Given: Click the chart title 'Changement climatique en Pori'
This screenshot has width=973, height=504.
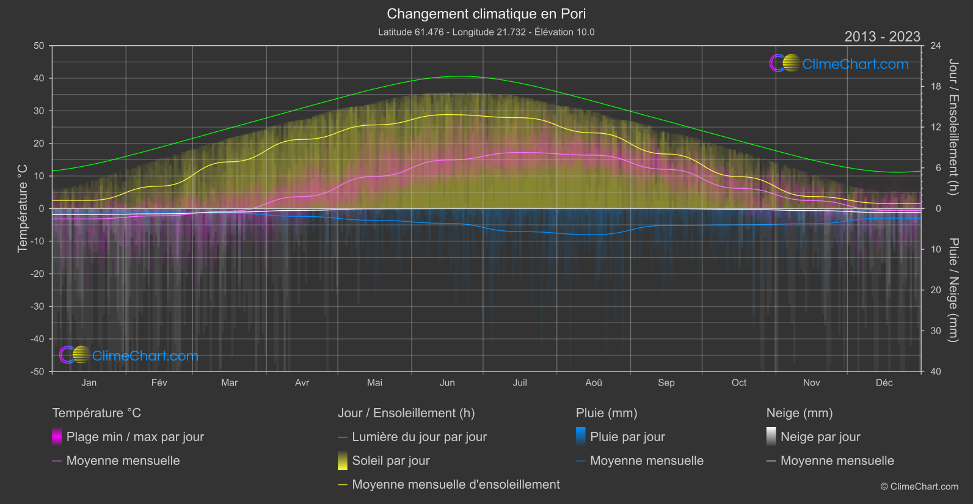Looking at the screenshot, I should click(486, 13).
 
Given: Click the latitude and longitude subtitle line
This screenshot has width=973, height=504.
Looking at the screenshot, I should click(486, 32).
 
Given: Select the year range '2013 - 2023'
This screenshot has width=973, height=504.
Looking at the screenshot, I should click(882, 37).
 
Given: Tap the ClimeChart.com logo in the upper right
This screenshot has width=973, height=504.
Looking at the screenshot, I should click(839, 64).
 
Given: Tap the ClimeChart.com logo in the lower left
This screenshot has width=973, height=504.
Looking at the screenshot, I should click(129, 356).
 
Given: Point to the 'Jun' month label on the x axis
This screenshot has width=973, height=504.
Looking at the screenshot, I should click(447, 382).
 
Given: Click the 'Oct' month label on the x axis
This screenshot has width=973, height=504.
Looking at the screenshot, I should click(738, 382).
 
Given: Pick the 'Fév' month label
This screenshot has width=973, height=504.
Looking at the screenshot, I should click(159, 382).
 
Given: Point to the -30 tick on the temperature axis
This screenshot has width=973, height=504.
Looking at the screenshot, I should click(38, 306).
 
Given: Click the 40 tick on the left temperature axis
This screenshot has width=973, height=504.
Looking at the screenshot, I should click(39, 78).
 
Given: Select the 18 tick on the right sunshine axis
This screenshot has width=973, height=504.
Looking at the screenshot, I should click(936, 86).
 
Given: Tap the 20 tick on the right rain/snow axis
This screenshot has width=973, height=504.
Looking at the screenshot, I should click(936, 290).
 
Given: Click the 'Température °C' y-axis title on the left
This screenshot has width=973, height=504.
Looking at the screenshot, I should click(23, 208).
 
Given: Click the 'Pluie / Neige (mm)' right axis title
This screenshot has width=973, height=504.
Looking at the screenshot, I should click(953, 290).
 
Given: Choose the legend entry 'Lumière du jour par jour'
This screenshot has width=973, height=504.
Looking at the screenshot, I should click(419, 437).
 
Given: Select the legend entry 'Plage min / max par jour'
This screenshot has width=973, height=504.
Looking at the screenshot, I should click(135, 437).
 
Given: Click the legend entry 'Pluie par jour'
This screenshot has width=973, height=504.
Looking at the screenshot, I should click(627, 437).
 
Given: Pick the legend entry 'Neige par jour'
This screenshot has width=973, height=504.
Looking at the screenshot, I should click(820, 437).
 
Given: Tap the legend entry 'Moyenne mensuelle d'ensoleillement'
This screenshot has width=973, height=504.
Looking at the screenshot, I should click(456, 484).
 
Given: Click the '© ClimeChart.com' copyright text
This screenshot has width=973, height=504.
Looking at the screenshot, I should click(919, 486).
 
